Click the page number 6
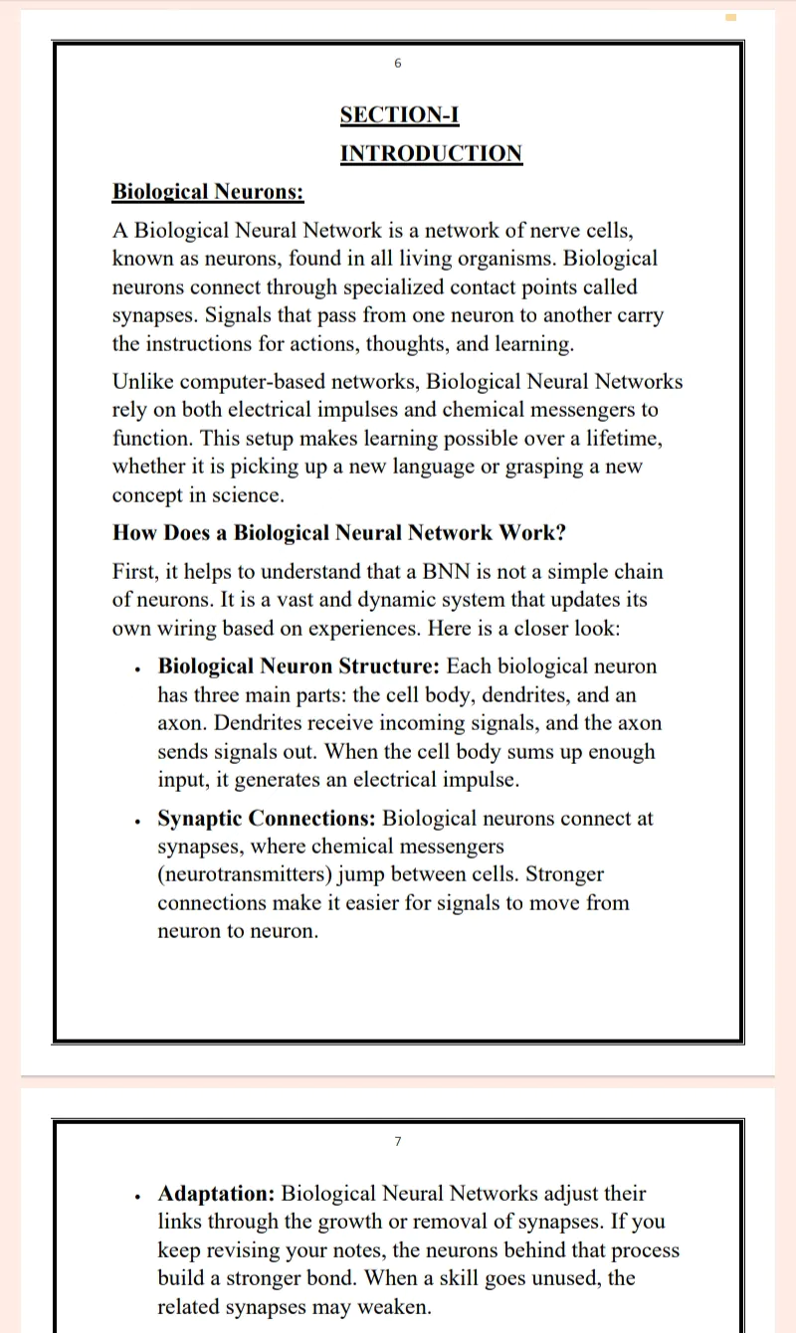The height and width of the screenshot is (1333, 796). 398,64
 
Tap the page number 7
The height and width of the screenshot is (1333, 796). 398,1141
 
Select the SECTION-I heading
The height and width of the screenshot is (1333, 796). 399,114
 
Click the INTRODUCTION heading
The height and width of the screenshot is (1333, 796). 431,153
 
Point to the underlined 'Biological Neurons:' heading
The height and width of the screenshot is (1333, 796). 208,191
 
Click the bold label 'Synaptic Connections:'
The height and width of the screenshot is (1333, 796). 267,819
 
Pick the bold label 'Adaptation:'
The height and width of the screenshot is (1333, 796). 217,1194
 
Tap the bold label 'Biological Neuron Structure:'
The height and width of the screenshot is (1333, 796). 298,666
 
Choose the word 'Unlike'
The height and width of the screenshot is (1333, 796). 143,382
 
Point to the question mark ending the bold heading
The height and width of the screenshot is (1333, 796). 560,532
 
